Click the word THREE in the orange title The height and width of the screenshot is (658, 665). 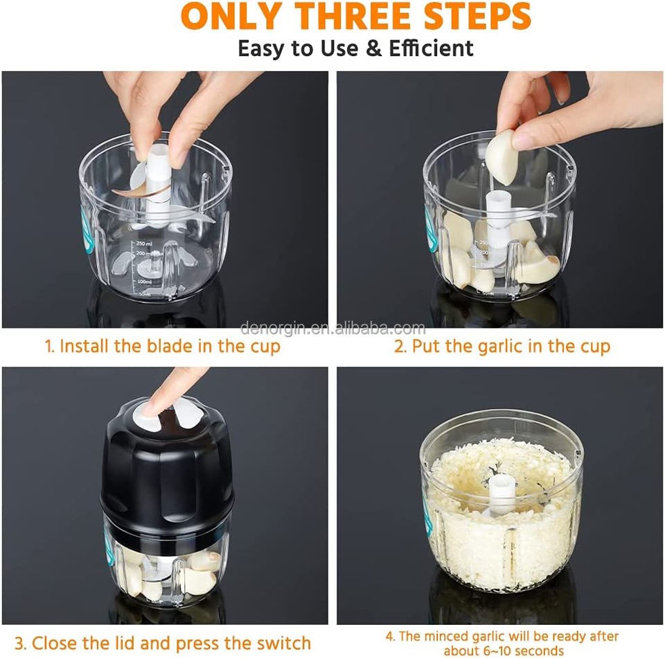tap(355, 16)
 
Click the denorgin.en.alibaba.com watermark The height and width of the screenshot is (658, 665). tap(332, 328)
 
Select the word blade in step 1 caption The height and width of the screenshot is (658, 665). tap(170, 346)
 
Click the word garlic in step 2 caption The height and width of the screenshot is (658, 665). tap(502, 347)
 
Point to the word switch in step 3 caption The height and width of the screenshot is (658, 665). tap(284, 643)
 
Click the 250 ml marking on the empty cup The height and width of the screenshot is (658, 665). tap(144, 244)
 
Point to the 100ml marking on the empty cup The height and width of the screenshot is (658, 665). tap(144, 282)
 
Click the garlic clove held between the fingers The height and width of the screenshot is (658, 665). tap(503, 157)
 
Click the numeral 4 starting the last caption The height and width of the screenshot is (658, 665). tap(389, 637)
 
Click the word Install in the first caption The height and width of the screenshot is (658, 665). tap(84, 346)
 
